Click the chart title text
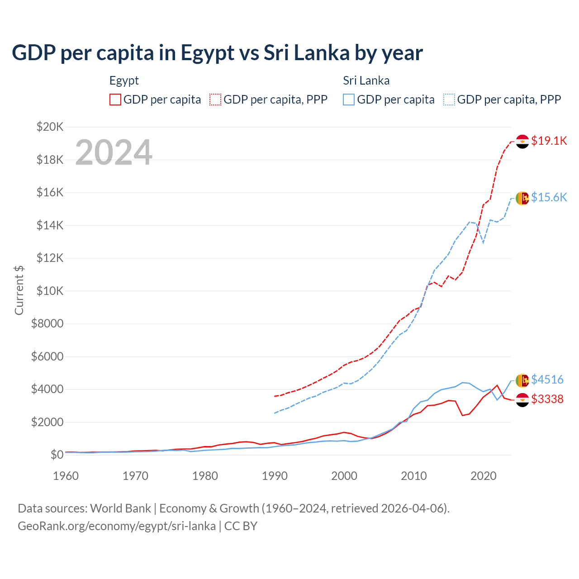(x=217, y=53)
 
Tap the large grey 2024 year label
(x=114, y=152)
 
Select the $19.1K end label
(x=549, y=141)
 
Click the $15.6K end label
(x=549, y=197)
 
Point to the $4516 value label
(x=547, y=380)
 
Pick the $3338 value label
(x=547, y=399)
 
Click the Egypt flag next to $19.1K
(x=522, y=142)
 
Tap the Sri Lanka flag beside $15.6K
(x=522, y=198)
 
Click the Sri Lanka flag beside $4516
(x=522, y=380)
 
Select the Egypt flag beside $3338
(x=522, y=400)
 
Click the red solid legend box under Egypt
(x=115, y=100)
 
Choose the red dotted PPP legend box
(x=215, y=100)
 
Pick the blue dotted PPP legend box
(x=449, y=100)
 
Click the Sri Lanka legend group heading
(x=366, y=81)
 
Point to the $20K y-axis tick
(x=50, y=127)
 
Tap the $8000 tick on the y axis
(x=47, y=323)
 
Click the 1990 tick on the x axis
(x=275, y=476)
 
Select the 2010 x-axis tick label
(x=414, y=476)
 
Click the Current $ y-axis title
(x=19, y=290)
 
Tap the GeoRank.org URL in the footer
(x=117, y=526)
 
